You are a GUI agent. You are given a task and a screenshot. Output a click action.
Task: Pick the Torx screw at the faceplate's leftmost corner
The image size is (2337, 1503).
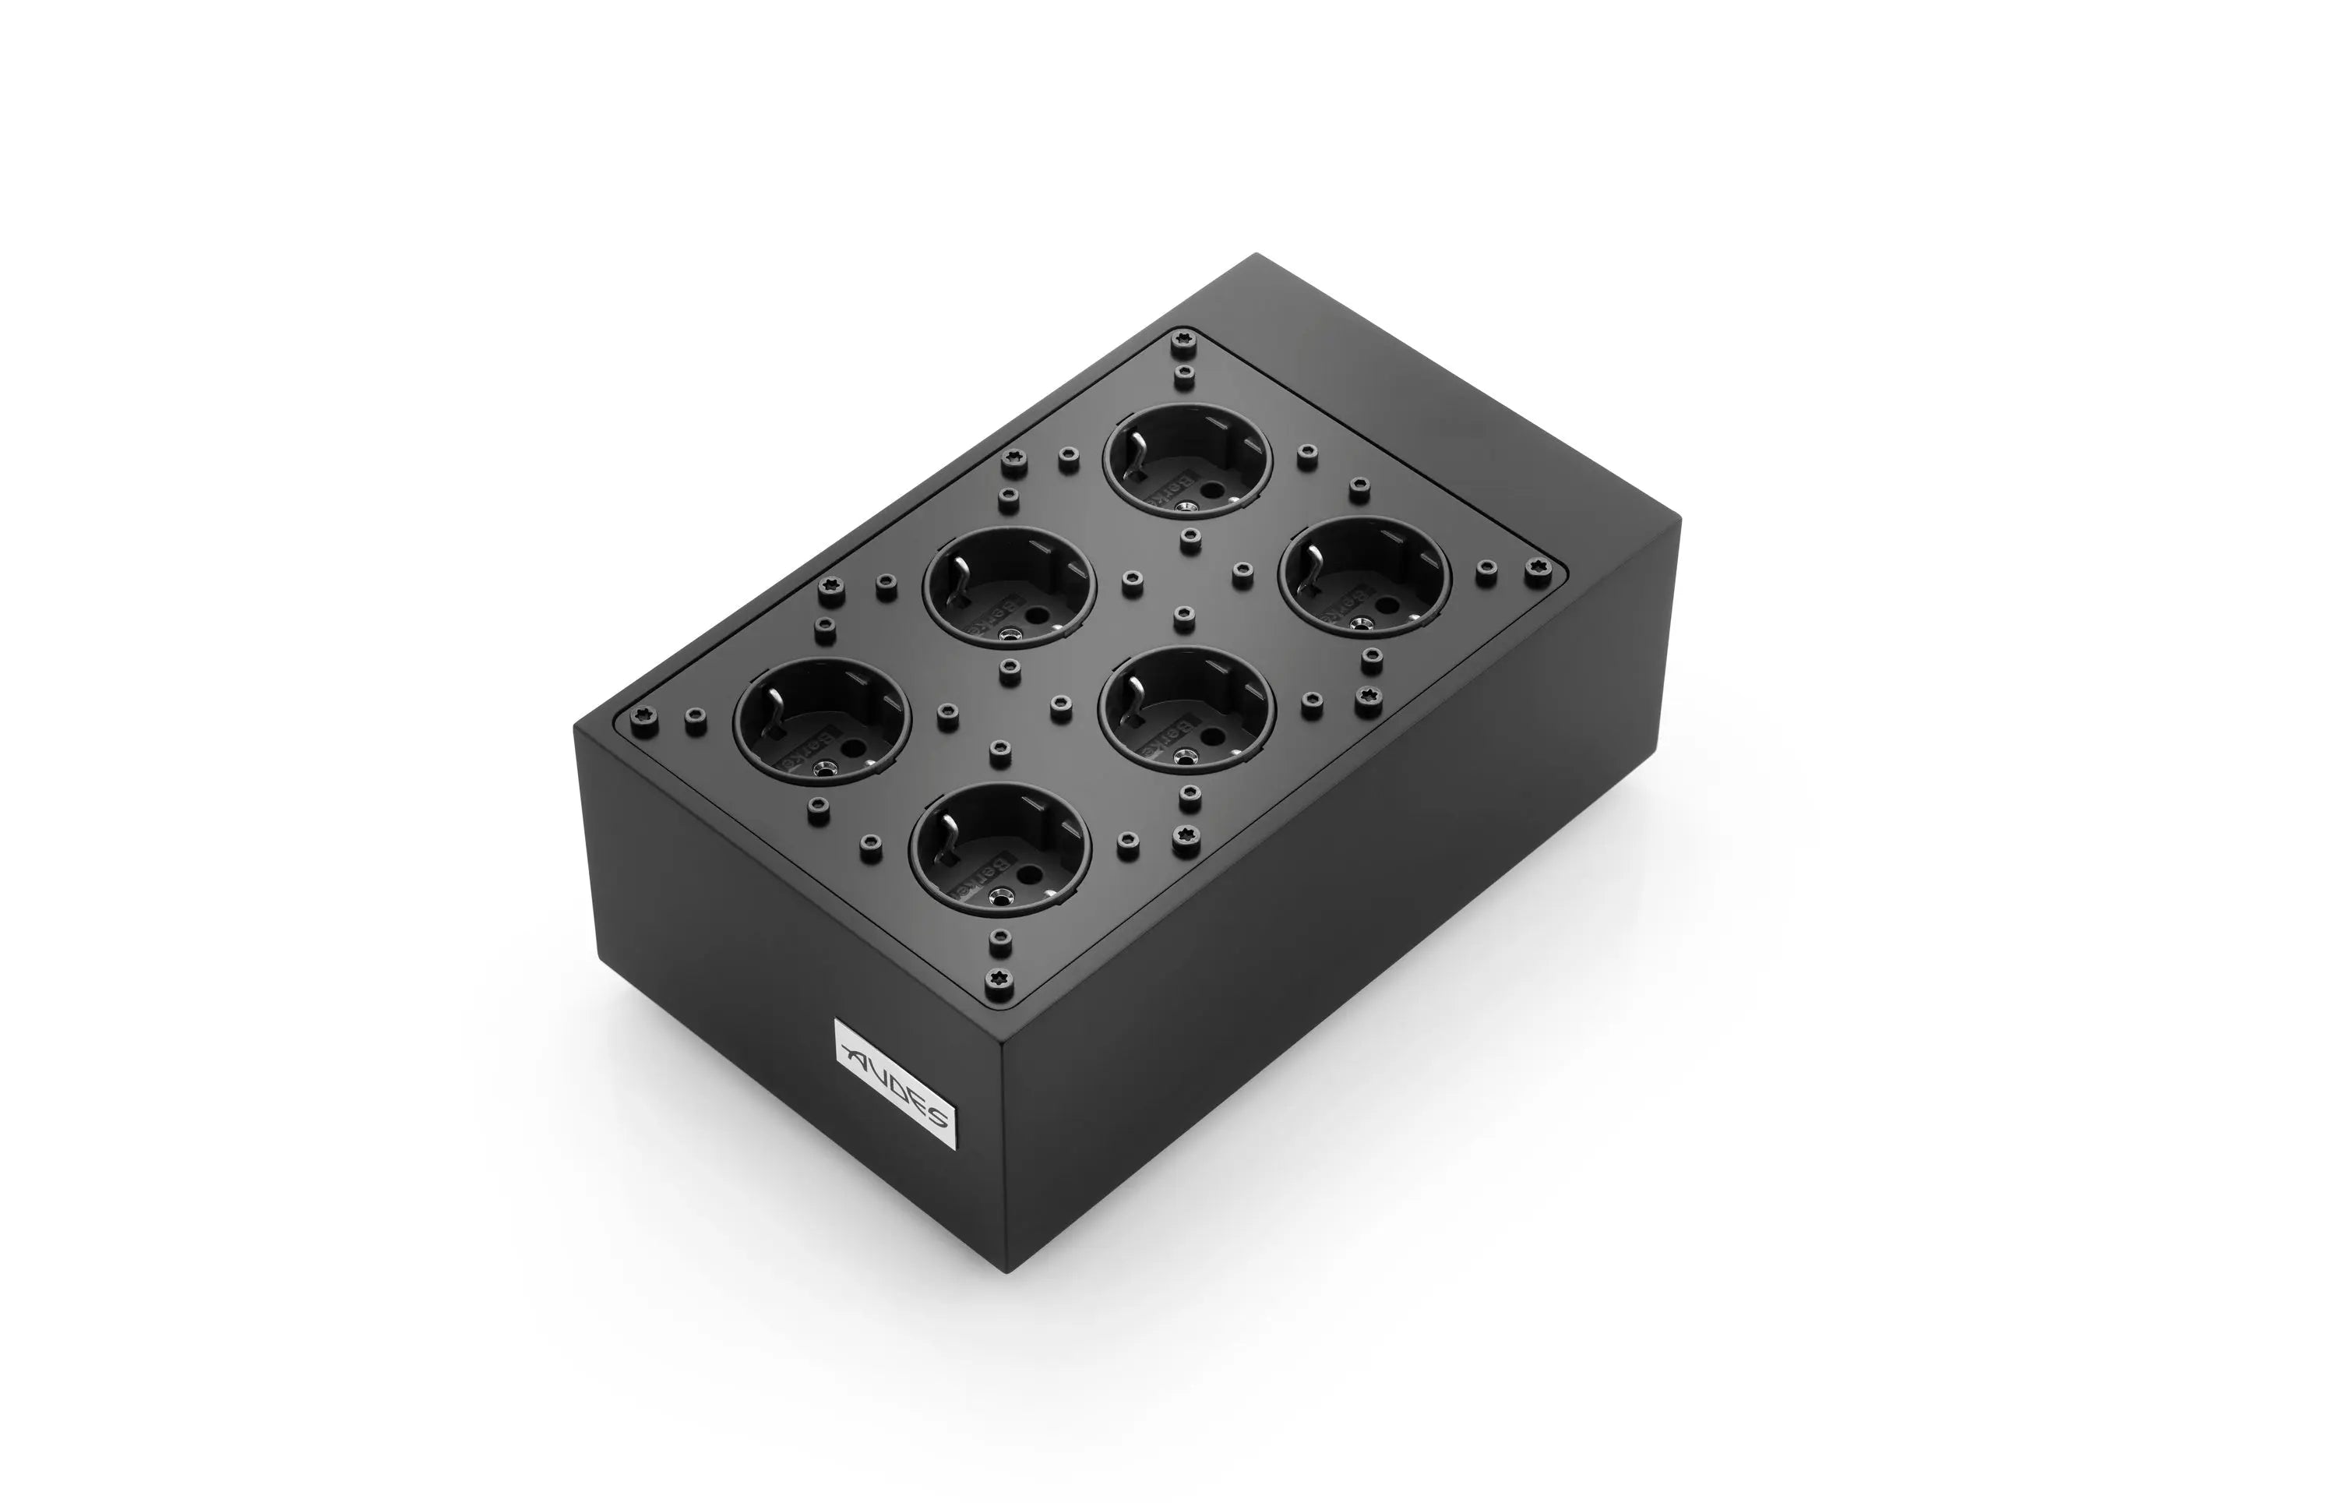click(x=641, y=714)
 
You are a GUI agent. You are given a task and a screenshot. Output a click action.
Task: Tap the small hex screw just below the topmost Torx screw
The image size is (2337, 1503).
click(x=1185, y=372)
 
